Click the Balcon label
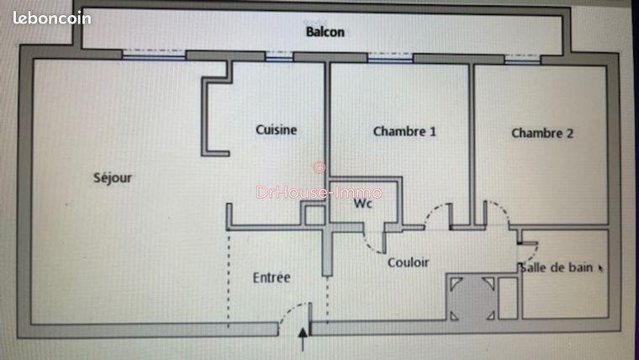(x=325, y=33)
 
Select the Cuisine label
(x=276, y=130)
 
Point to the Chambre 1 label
(x=404, y=131)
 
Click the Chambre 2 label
(x=542, y=133)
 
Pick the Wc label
(x=362, y=204)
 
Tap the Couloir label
(x=408, y=262)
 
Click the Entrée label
(x=272, y=277)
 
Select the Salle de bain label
(x=557, y=268)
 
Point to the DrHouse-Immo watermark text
(x=319, y=193)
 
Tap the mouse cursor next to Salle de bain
(x=600, y=268)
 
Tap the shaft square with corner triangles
(x=471, y=298)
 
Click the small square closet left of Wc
(x=314, y=215)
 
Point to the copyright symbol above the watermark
(x=319, y=167)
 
